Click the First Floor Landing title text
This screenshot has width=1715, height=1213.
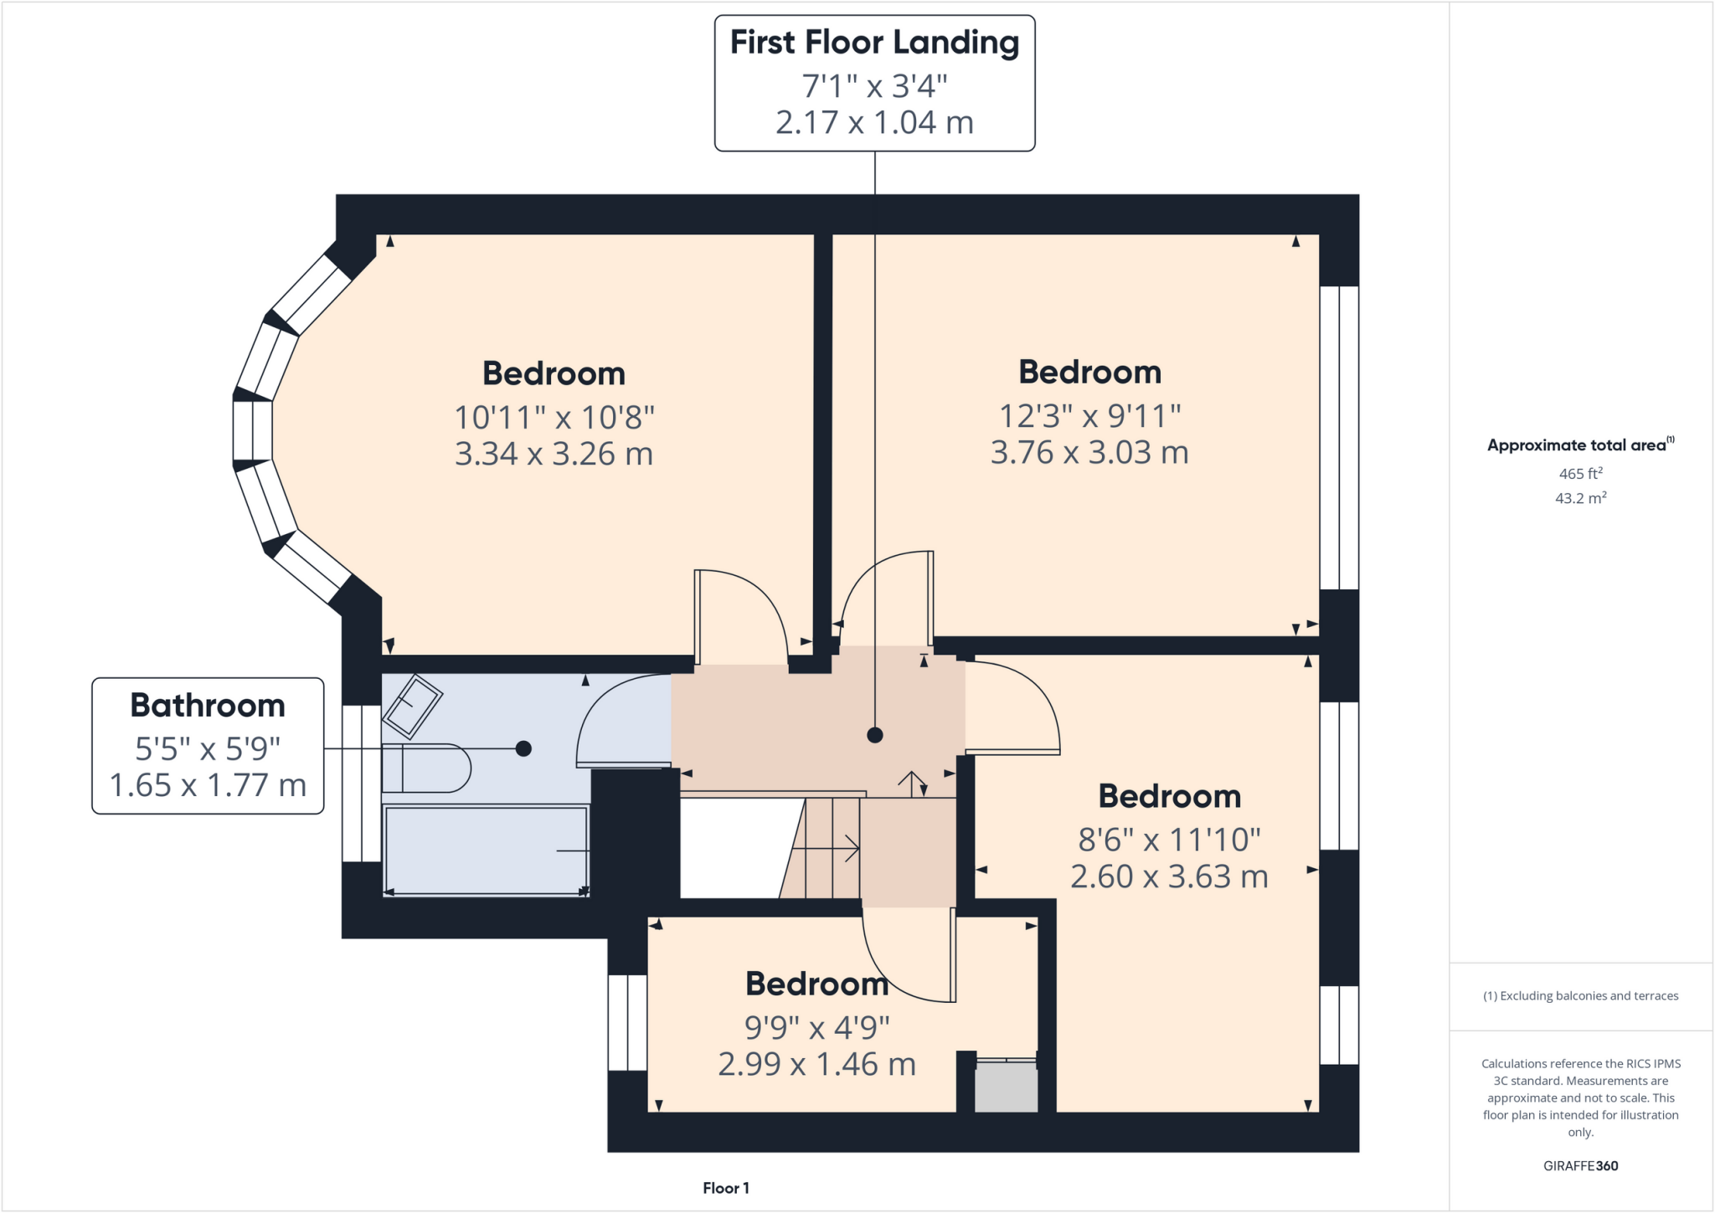pos(874,43)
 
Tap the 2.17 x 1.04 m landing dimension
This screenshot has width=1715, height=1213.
pos(874,123)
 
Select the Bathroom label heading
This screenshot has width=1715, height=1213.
pos(208,706)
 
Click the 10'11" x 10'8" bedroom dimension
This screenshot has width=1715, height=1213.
pos(554,417)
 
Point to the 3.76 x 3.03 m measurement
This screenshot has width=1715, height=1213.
pos(1089,453)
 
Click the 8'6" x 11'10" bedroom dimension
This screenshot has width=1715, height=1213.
pos(1169,840)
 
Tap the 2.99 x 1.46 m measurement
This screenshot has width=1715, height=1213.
pos(816,1065)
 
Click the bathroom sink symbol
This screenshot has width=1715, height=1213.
pos(412,704)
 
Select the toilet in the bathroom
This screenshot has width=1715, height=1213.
pos(427,768)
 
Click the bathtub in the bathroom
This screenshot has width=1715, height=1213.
pos(486,850)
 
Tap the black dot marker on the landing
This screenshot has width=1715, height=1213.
pos(875,735)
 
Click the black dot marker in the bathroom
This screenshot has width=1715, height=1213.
pos(523,748)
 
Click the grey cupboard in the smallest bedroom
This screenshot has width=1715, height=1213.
pos(1006,1087)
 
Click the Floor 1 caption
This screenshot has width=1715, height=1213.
pos(725,1188)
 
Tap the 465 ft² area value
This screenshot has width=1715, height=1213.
pos(1580,474)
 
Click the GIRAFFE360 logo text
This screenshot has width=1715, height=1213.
pos(1580,1165)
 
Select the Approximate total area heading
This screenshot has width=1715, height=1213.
pos(1579,445)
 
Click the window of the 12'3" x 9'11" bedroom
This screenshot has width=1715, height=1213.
pos(1339,438)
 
